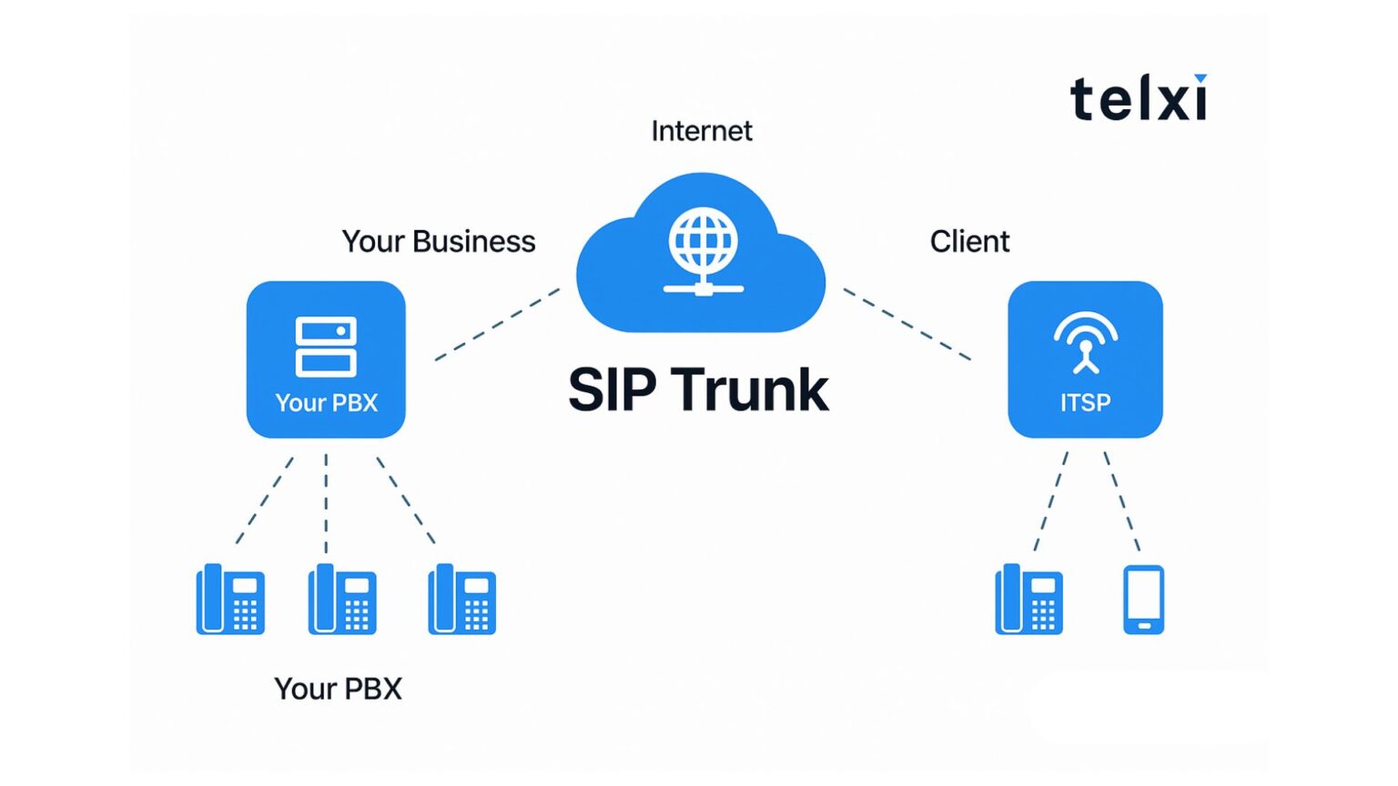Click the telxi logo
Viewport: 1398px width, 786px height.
click(x=1139, y=98)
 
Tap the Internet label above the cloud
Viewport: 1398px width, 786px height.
click(x=701, y=131)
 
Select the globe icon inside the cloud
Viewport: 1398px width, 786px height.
click(x=703, y=241)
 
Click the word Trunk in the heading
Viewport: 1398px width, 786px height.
click(x=751, y=390)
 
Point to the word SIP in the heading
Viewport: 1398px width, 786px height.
click(x=612, y=390)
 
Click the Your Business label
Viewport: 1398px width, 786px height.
click(x=438, y=242)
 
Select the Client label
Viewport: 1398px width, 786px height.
click(x=969, y=242)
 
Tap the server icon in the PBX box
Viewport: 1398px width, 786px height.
click(x=326, y=346)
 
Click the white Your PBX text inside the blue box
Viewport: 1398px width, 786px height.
click(x=326, y=403)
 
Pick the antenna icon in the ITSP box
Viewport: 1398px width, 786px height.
click(x=1085, y=342)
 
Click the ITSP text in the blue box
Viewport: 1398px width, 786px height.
click(x=1085, y=403)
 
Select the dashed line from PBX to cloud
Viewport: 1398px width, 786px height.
click(x=497, y=325)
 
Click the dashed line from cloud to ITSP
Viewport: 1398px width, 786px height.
click(x=907, y=324)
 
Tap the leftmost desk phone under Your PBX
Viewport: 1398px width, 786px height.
click(x=230, y=600)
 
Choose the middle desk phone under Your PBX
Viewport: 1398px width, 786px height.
click(x=342, y=600)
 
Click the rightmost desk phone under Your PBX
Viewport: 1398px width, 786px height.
click(x=461, y=600)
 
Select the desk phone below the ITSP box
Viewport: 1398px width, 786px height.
click(x=1028, y=600)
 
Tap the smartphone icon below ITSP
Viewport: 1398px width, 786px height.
click(x=1143, y=600)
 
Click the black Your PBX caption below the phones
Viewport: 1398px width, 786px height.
click(x=338, y=689)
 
